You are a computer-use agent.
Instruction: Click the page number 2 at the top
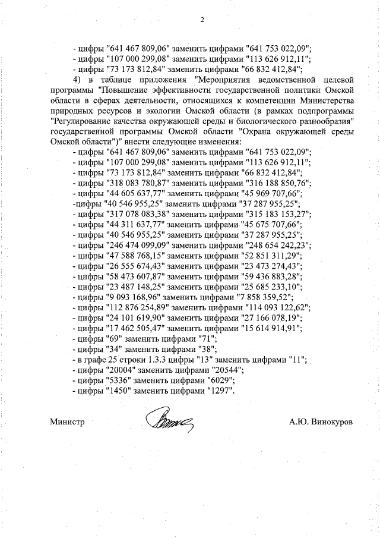tap(202, 20)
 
